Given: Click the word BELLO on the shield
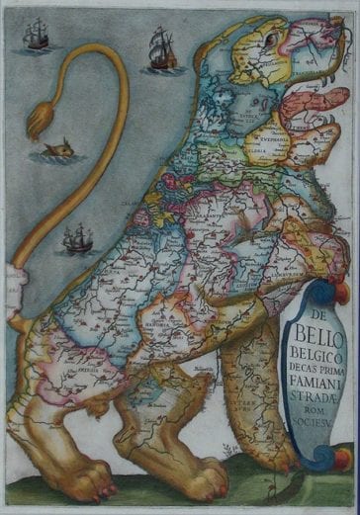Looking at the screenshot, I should coord(315,333).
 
